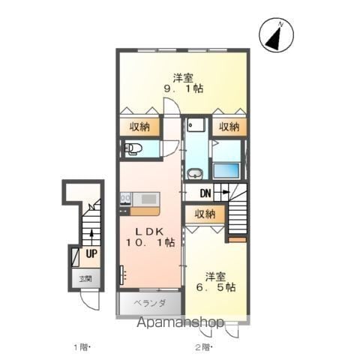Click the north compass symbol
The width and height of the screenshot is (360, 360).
(276, 35)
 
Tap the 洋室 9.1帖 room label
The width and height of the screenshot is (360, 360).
(183, 83)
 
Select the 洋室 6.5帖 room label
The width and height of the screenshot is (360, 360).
(215, 282)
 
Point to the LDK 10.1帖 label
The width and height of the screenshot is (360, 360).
(150, 237)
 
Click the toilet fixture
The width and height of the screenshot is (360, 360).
(133, 149)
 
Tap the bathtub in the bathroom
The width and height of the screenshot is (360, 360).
(226, 170)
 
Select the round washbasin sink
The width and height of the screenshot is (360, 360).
(195, 174)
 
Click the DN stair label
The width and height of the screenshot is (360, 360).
(205, 193)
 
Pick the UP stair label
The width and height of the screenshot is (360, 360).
(91, 253)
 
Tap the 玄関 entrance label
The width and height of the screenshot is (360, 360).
(85, 279)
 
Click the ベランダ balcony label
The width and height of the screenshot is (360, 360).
(149, 303)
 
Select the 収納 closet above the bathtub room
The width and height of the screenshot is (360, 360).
(229, 127)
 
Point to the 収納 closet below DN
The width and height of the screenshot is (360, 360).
(205, 214)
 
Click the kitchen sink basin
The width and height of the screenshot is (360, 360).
(148, 199)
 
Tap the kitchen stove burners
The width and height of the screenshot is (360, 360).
(125, 199)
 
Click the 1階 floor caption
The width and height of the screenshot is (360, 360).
(81, 347)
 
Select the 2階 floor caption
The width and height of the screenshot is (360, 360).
(204, 347)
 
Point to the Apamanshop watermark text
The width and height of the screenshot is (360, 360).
(180, 322)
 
